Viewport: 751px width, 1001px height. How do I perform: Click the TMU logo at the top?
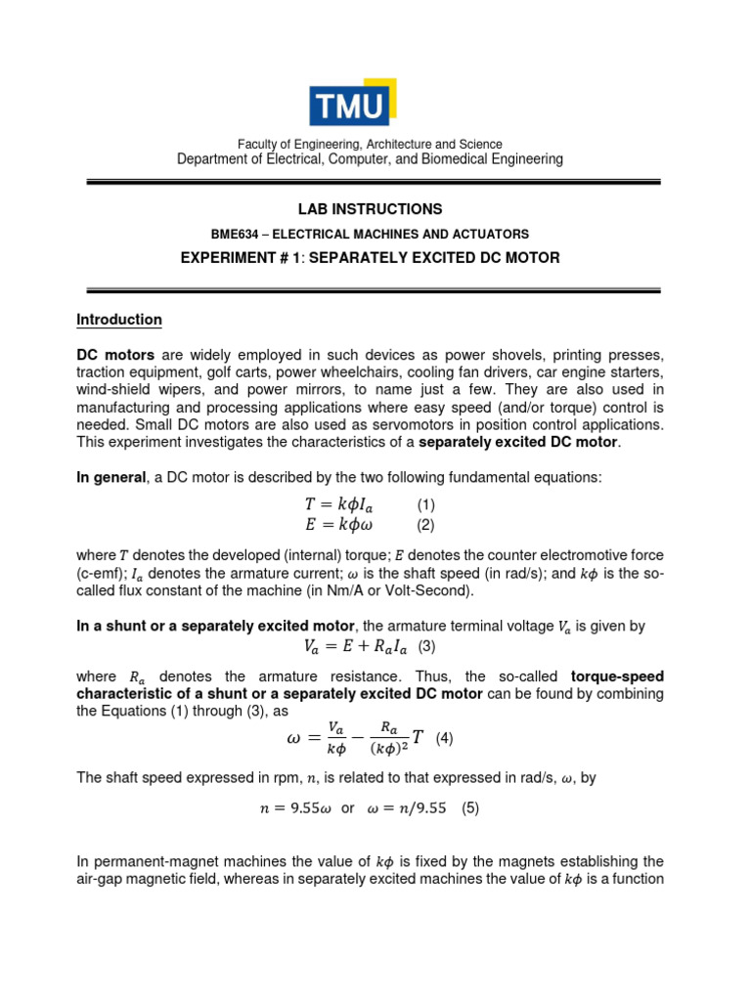[x=351, y=105]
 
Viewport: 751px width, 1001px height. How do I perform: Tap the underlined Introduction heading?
[x=119, y=320]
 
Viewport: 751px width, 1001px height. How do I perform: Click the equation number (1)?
[x=425, y=505]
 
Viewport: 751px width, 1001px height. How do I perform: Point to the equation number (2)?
[x=425, y=525]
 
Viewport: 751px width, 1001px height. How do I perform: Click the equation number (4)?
[x=444, y=739]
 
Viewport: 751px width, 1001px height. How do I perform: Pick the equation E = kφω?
[x=338, y=525]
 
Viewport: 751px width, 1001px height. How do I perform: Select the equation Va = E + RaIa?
[x=358, y=646]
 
